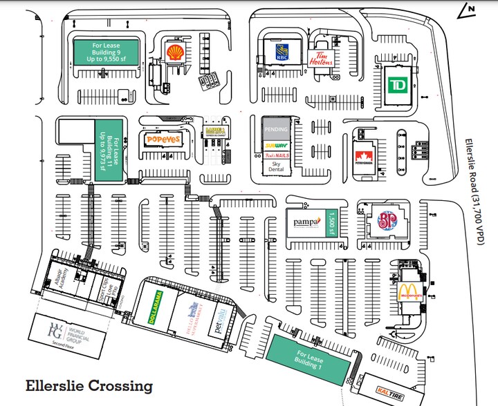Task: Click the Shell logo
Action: [176, 52]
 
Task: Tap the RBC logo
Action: [281, 52]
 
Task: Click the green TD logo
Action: [397, 85]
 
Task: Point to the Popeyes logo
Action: [163, 139]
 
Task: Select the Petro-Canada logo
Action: [364, 158]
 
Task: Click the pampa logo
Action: [306, 222]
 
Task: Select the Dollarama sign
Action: [158, 308]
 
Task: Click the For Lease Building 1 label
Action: [308, 358]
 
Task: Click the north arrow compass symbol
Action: [468, 9]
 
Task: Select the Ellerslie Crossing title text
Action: [89, 385]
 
